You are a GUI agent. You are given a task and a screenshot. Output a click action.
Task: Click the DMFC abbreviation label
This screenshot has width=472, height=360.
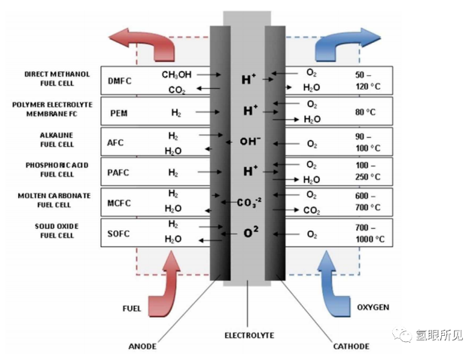point(120,81)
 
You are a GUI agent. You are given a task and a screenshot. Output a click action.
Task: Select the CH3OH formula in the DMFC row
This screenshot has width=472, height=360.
point(177,75)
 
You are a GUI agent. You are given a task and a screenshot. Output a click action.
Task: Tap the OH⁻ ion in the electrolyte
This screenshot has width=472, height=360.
point(250,141)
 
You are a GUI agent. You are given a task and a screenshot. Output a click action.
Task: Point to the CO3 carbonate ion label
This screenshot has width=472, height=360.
point(249,203)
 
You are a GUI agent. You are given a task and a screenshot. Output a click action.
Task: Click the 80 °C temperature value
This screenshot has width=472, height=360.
point(365,112)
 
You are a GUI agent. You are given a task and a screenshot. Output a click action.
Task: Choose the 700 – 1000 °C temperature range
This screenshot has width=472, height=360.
point(370,233)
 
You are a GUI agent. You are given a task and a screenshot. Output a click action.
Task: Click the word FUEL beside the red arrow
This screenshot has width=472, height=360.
point(132,309)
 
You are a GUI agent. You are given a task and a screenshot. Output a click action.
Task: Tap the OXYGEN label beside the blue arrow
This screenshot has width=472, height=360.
point(373,307)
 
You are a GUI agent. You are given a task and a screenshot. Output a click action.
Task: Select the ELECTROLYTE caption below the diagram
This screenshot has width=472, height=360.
point(249,335)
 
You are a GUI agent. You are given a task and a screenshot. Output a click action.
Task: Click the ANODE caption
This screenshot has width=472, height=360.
point(142,346)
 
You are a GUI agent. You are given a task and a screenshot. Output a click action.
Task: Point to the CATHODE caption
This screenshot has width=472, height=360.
point(352,346)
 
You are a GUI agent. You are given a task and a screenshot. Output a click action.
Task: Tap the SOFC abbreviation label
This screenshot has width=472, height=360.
point(119,233)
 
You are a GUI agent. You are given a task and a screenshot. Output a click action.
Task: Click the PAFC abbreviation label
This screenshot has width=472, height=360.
point(118,172)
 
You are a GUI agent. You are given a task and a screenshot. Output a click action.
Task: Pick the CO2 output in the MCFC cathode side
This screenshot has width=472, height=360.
point(312,210)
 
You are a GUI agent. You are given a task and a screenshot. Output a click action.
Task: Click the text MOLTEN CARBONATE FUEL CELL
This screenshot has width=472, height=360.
point(54,200)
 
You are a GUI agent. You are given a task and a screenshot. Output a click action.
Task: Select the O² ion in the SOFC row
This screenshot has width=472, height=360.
point(251,232)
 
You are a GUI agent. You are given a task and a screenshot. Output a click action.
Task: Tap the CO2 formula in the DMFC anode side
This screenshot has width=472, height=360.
point(177,90)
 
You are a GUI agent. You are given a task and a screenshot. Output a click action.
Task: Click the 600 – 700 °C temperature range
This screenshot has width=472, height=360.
point(367,202)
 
